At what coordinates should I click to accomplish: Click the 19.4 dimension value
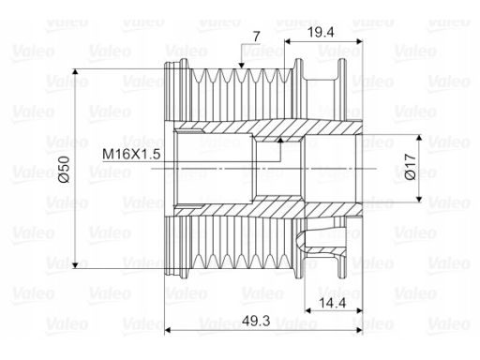click(321, 32)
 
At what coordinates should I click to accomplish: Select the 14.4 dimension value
click(333, 303)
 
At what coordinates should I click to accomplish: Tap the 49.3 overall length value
click(256, 321)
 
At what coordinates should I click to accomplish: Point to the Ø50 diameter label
click(64, 169)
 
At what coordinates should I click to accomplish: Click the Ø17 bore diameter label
click(411, 166)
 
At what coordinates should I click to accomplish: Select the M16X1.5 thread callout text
click(131, 154)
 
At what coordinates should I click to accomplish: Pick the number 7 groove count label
click(256, 37)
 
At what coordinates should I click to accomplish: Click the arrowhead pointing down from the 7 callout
click(241, 65)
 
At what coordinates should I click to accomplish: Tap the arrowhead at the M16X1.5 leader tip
click(280, 140)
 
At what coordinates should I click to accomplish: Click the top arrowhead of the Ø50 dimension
click(75, 72)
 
